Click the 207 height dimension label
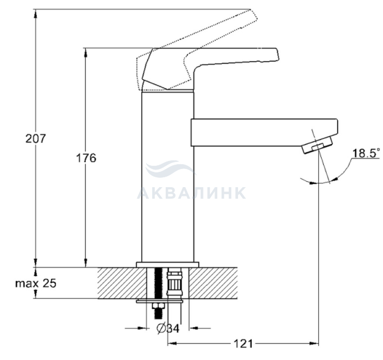point(36,138)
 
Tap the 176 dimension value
point(86,158)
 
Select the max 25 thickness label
point(36,283)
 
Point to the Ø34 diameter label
point(168,328)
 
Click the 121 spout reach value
point(243,344)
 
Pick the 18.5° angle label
point(366,153)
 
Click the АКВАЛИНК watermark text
point(191,193)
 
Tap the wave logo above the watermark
point(170,169)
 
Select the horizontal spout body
point(264,132)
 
